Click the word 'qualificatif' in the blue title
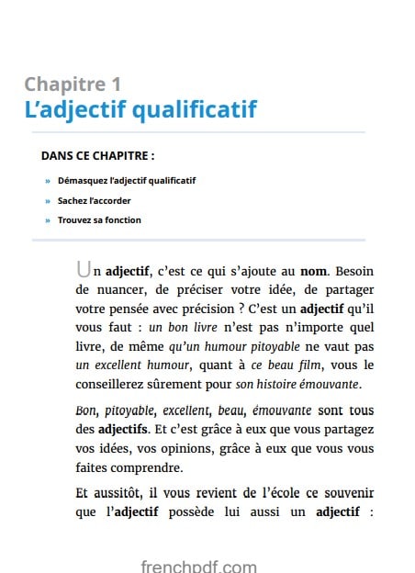click(195, 111)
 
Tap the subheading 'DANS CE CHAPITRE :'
click(97, 156)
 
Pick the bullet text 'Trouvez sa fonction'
click(99, 220)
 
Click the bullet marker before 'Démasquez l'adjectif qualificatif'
click(48, 181)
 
